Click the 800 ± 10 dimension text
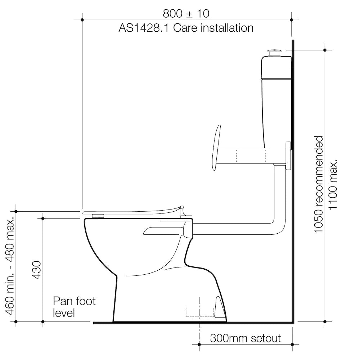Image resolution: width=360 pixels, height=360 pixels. (186, 14)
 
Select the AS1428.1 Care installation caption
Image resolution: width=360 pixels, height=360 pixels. (186, 28)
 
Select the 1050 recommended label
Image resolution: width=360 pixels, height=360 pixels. (319, 184)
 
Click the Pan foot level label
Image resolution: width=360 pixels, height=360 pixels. (74, 306)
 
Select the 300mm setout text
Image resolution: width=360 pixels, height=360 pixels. (245, 338)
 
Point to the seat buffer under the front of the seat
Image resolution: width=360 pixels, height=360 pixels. (98, 215)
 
